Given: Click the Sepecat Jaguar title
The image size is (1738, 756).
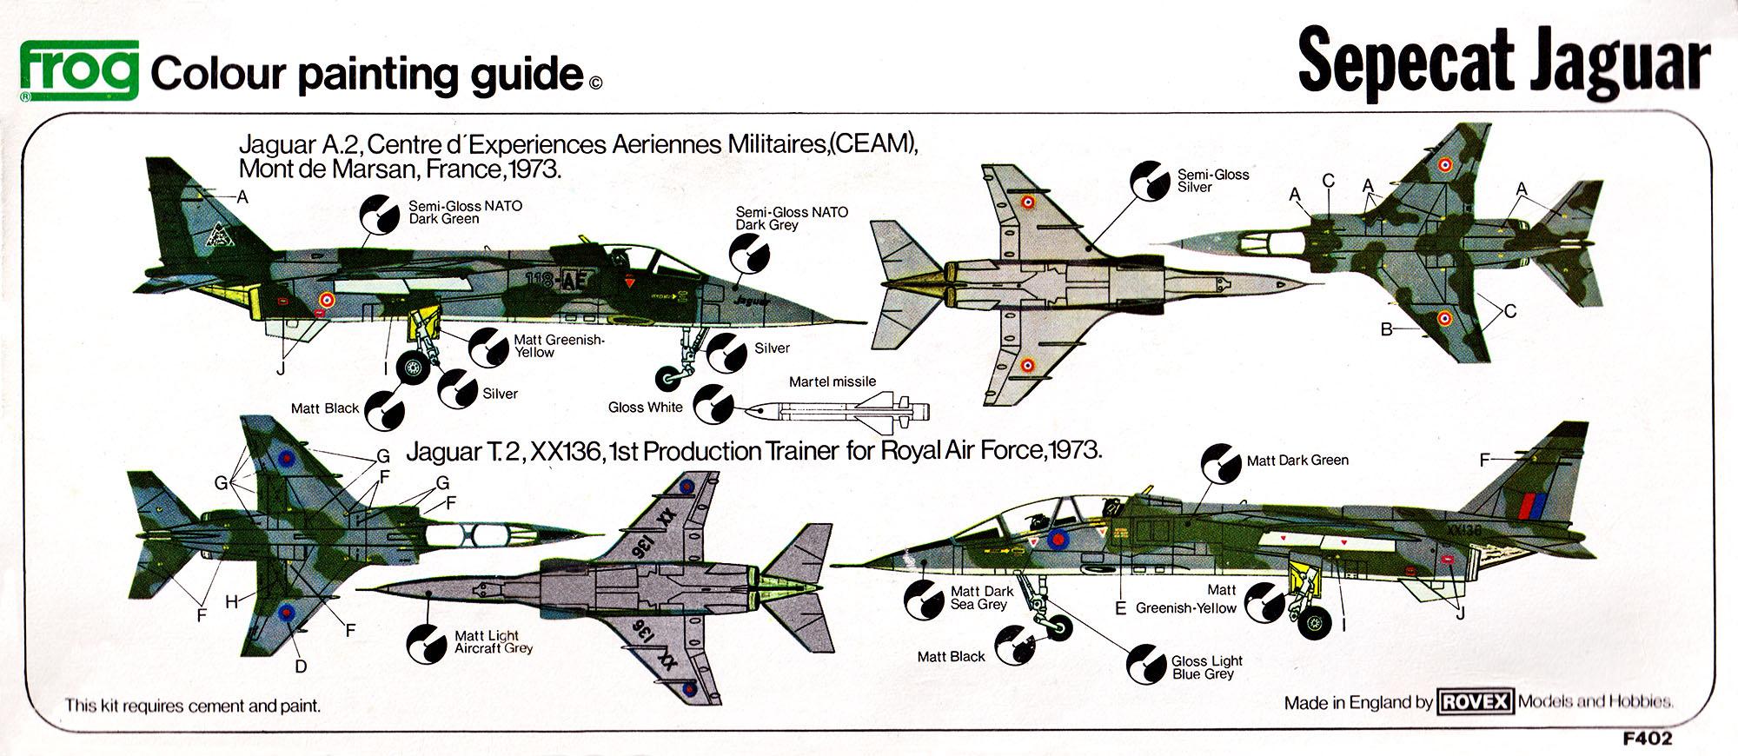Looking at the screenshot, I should click(1503, 63).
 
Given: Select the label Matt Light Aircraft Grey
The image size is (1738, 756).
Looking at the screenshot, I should click(493, 642).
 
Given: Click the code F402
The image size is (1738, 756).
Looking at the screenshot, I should click(1647, 740).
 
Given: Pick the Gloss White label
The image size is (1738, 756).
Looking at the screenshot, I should click(645, 408).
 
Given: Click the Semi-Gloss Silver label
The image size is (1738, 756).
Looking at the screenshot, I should click(1212, 181).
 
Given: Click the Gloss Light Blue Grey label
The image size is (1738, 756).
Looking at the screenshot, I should click(1206, 667).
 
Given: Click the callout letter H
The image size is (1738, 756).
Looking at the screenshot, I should click(231, 600).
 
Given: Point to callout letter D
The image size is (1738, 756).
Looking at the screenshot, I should click(301, 666).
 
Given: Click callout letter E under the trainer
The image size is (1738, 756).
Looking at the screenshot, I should click(1120, 608).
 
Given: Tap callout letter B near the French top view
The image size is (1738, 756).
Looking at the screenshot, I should click(1387, 329).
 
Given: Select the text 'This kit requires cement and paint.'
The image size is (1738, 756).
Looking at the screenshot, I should click(193, 706).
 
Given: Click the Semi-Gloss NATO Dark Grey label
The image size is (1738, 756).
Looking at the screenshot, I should click(791, 218).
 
